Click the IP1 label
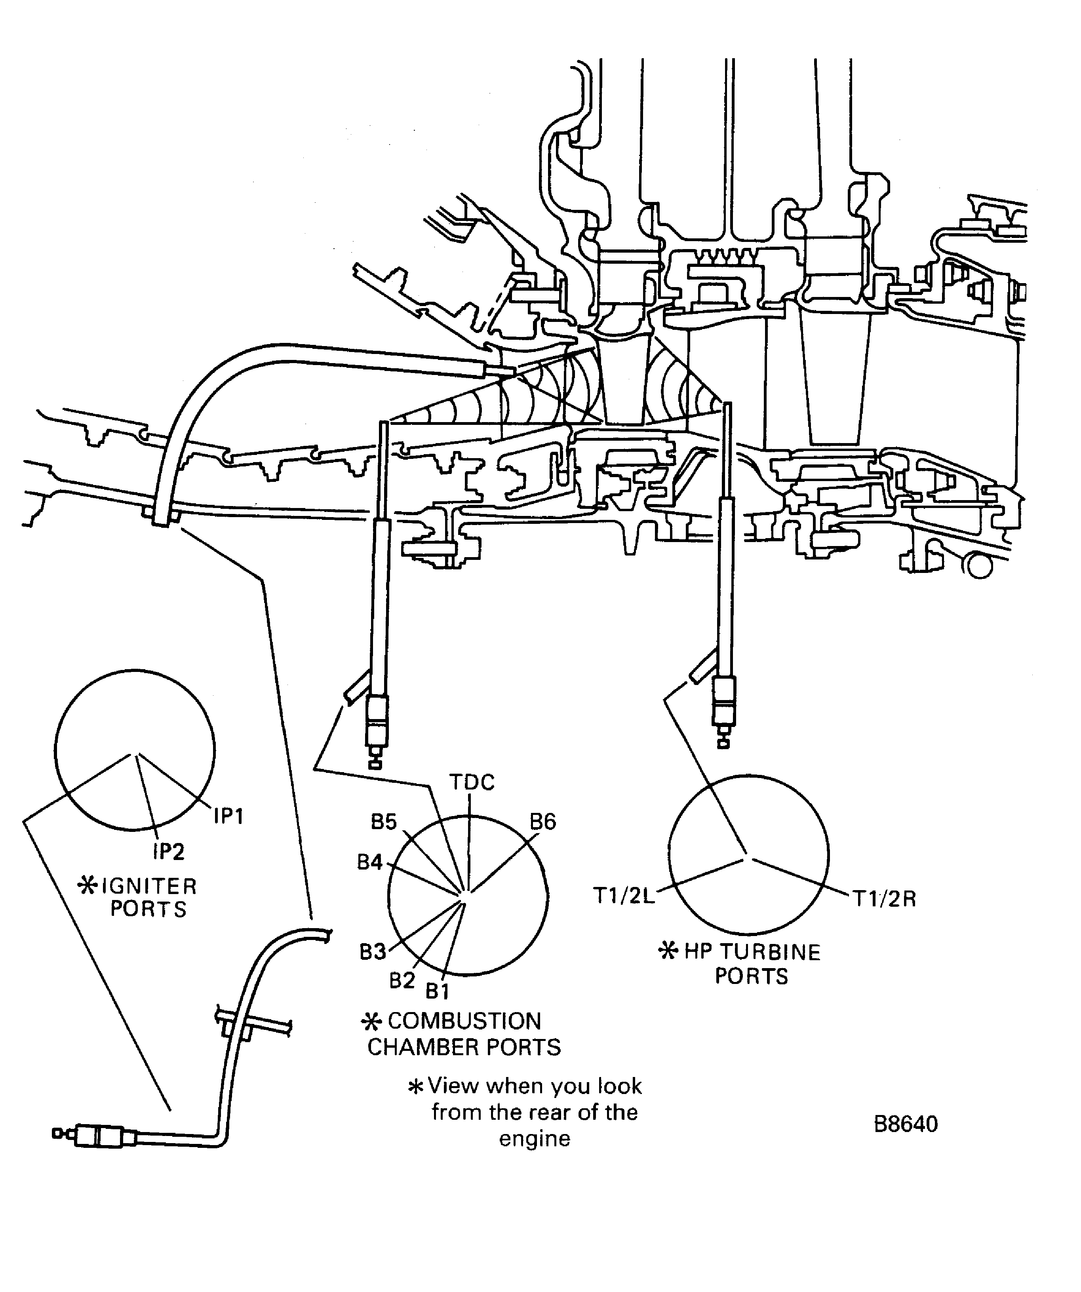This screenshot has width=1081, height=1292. [229, 816]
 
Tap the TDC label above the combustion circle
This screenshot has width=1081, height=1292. [472, 782]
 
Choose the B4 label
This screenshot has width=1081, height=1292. [370, 862]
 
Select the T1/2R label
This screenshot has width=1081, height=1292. [884, 900]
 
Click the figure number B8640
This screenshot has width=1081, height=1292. [906, 1124]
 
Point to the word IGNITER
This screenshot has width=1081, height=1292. [149, 887]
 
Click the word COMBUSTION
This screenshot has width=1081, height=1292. [464, 1021]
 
